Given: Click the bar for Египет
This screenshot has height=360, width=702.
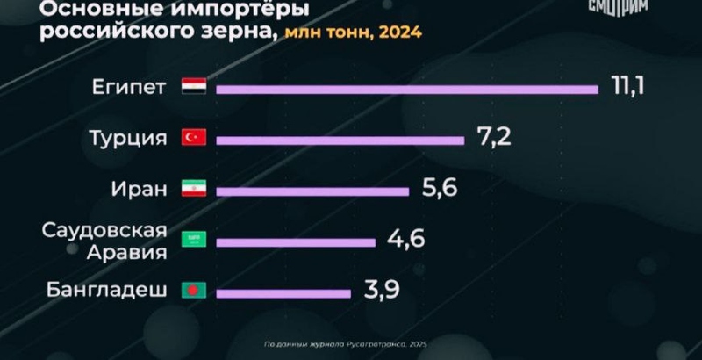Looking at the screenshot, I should [x=406, y=88].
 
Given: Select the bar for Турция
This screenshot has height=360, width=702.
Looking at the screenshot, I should [x=340, y=139].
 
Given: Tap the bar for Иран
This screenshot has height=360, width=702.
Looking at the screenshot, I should [x=312, y=190].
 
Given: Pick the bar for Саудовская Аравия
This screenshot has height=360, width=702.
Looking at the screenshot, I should [x=295, y=241].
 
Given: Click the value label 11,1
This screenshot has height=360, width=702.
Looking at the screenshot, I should [x=627, y=87].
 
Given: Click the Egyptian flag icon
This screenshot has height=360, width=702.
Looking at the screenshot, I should [x=193, y=87].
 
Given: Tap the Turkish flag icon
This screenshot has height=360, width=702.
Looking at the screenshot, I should [x=193, y=138].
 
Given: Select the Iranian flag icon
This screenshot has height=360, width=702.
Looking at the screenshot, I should [x=193, y=189].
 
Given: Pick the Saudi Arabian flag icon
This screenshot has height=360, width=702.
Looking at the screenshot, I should [x=193, y=239].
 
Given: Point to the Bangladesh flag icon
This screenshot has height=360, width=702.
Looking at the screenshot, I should [x=193, y=290].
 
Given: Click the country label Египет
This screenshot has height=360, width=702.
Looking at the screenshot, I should [x=129, y=87].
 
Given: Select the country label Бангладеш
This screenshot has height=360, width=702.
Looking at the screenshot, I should [x=115, y=290].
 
